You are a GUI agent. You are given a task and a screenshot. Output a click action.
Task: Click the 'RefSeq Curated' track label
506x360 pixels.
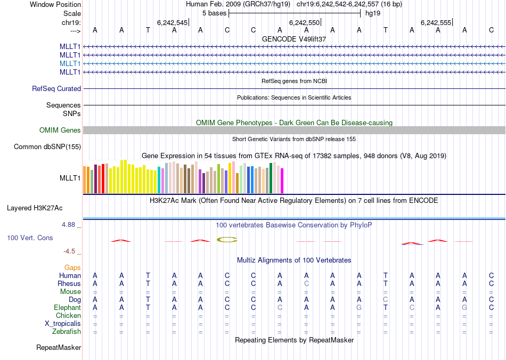[56, 89]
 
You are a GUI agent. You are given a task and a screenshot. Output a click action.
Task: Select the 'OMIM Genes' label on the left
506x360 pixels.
[60, 130]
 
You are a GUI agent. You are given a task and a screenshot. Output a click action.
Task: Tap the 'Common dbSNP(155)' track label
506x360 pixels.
[47, 147]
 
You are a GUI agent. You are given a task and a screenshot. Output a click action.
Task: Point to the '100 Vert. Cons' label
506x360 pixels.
[30, 238]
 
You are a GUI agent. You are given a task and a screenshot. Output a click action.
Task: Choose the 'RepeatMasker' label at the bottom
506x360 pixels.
[59, 348]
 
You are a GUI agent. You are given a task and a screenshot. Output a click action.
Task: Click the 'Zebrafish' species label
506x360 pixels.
[68, 332]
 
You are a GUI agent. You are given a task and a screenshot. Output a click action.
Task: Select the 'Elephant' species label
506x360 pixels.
[67, 307]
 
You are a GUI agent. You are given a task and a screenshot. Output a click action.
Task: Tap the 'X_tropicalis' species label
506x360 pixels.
[63, 324]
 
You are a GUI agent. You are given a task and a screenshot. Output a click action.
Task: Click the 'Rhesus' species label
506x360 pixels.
[69, 283]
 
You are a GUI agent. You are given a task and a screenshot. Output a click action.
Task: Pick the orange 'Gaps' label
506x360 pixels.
[73, 267]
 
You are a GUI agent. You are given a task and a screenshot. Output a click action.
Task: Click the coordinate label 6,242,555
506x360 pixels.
[436, 23]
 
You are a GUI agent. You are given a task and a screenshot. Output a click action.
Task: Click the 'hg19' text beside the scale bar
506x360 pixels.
[373, 13]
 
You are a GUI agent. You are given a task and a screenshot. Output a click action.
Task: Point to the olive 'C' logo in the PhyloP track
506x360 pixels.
[227, 240]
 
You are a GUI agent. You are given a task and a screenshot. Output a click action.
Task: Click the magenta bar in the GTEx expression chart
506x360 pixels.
[282, 181]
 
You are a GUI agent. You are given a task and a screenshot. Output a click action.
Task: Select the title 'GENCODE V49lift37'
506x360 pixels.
[294, 39]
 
